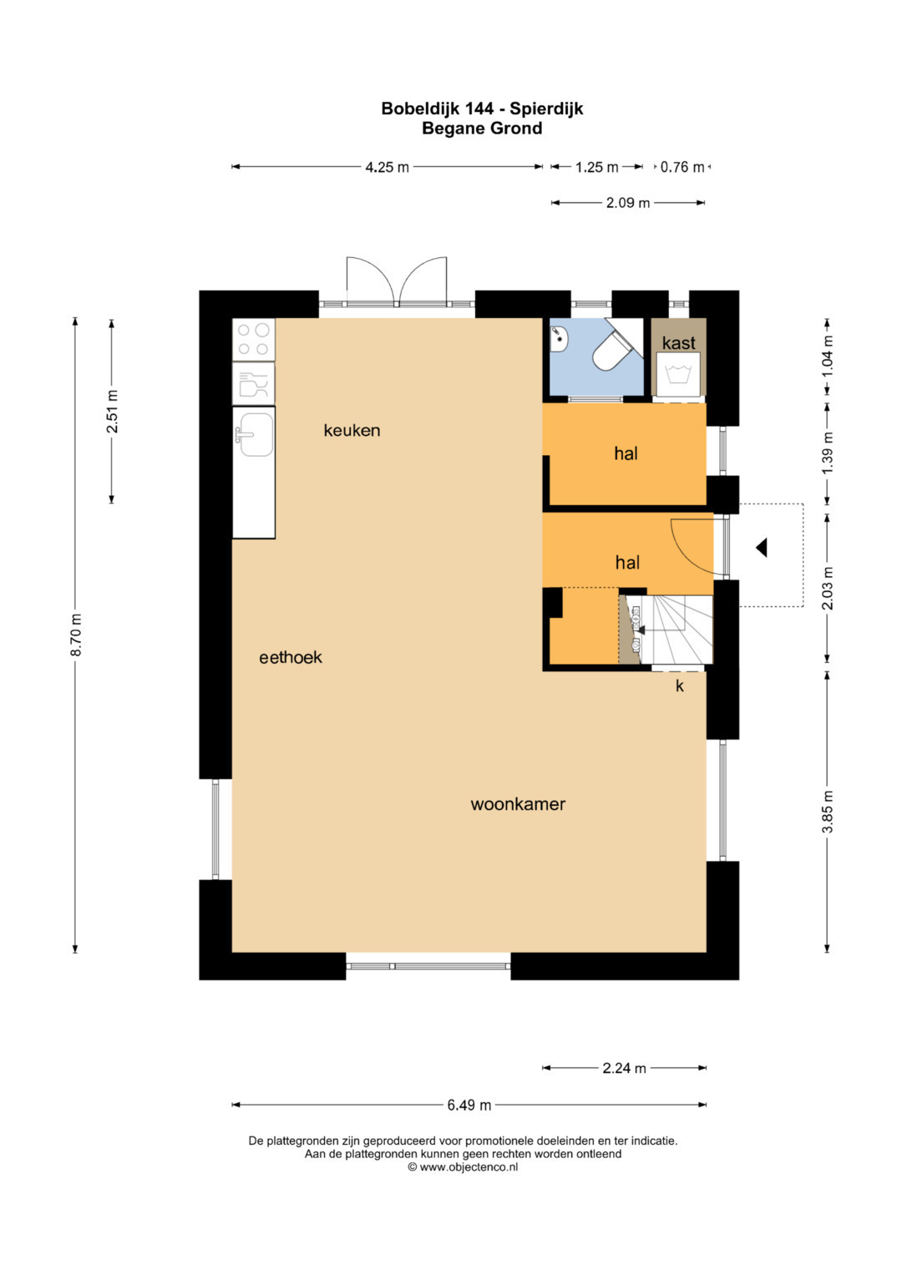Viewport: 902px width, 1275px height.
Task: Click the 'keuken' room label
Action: (352, 430)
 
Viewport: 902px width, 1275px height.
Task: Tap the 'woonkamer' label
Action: (518, 804)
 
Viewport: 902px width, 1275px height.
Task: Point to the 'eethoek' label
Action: (291, 657)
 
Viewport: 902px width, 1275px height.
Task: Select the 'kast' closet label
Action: (679, 342)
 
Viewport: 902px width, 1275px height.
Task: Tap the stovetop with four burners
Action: (254, 339)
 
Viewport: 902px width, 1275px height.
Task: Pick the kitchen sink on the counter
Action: (255, 434)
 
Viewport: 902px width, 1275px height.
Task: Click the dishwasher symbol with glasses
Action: (254, 383)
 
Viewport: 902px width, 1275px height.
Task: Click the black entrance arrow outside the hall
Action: (762, 548)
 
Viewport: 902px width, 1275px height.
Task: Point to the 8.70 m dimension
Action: (76, 635)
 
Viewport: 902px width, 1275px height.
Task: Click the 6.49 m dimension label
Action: (469, 1105)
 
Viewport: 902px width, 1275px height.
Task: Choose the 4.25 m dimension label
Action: (388, 167)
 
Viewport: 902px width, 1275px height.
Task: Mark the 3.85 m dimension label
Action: (828, 812)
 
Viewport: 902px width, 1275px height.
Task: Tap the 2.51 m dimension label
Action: (112, 412)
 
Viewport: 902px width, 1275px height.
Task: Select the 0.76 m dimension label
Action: (682, 167)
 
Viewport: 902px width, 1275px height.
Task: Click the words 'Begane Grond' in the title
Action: (482, 129)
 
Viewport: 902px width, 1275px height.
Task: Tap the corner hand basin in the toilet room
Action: (559, 339)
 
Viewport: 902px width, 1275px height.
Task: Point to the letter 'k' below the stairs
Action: (679, 686)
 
